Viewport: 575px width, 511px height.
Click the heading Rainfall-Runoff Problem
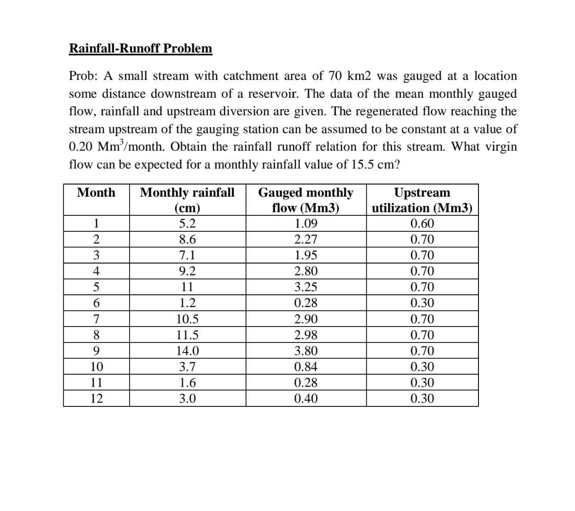click(x=141, y=48)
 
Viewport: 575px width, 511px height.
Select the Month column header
click(x=96, y=193)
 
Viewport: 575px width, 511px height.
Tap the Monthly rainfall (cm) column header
click(x=187, y=200)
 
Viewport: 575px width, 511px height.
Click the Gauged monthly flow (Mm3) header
click(x=306, y=200)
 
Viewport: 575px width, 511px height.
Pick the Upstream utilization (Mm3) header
click(x=422, y=200)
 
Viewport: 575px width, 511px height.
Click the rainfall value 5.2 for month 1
click(x=187, y=223)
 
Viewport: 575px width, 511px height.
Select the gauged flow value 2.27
click(x=306, y=239)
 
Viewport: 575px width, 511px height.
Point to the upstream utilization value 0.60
click(x=422, y=223)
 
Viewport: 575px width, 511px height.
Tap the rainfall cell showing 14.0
click(x=187, y=351)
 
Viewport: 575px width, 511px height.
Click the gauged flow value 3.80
click(x=306, y=351)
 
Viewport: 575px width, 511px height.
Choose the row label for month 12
click(x=96, y=399)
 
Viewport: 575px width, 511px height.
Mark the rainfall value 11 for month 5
click(x=187, y=287)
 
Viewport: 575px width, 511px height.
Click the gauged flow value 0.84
click(x=306, y=367)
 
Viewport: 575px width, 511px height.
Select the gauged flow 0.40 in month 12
click(x=306, y=399)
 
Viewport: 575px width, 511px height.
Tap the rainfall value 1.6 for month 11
click(x=187, y=383)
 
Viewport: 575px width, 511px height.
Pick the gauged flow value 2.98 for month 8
click(x=306, y=335)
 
